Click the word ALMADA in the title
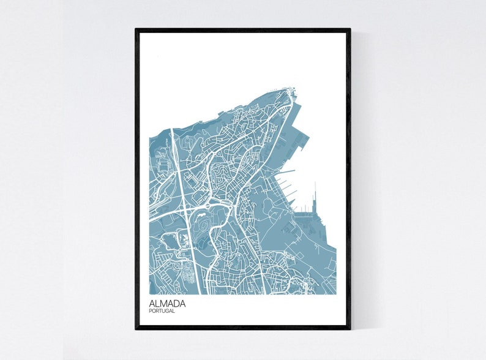click(x=168, y=302)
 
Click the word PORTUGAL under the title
click(x=162, y=311)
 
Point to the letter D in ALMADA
click(x=179, y=302)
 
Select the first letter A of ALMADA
click(x=152, y=302)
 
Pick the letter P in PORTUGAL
click(x=150, y=311)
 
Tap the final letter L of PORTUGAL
click(x=174, y=311)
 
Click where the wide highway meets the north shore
click(x=173, y=129)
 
